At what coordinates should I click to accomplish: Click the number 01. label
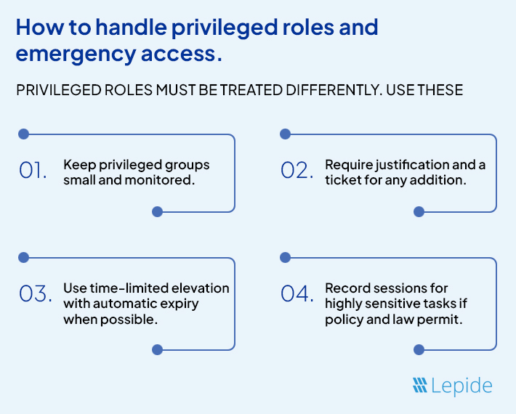pyautogui.click(x=33, y=171)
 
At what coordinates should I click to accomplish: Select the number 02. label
pyautogui.click(x=295, y=171)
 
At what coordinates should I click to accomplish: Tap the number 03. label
pyautogui.click(x=34, y=294)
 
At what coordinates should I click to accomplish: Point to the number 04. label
pyautogui.click(x=297, y=294)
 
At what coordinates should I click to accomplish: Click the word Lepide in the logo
pyautogui.click(x=462, y=386)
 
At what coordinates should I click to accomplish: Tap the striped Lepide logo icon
pyautogui.click(x=419, y=386)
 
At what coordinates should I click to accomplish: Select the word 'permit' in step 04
pyautogui.click(x=443, y=320)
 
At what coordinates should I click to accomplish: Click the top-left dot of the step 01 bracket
pyautogui.click(x=23, y=134)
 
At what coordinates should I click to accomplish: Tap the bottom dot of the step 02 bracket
pyautogui.click(x=418, y=212)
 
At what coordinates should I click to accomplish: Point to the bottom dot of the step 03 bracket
pyautogui.click(x=156, y=349)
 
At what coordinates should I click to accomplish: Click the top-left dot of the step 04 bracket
pyautogui.click(x=285, y=257)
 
